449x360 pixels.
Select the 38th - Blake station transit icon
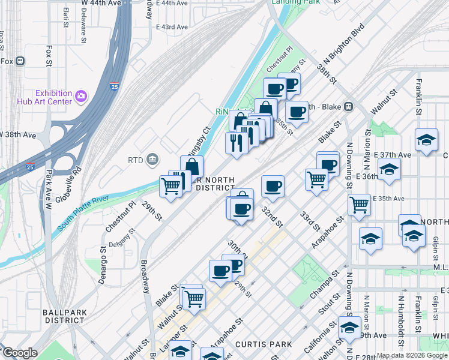click(348, 107)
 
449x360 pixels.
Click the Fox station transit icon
click(20, 61)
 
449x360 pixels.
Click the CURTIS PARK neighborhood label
click(264, 344)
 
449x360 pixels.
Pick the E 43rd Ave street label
click(172, 27)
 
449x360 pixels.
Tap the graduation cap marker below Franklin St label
click(426, 140)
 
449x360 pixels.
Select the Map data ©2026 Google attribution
click(412, 355)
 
